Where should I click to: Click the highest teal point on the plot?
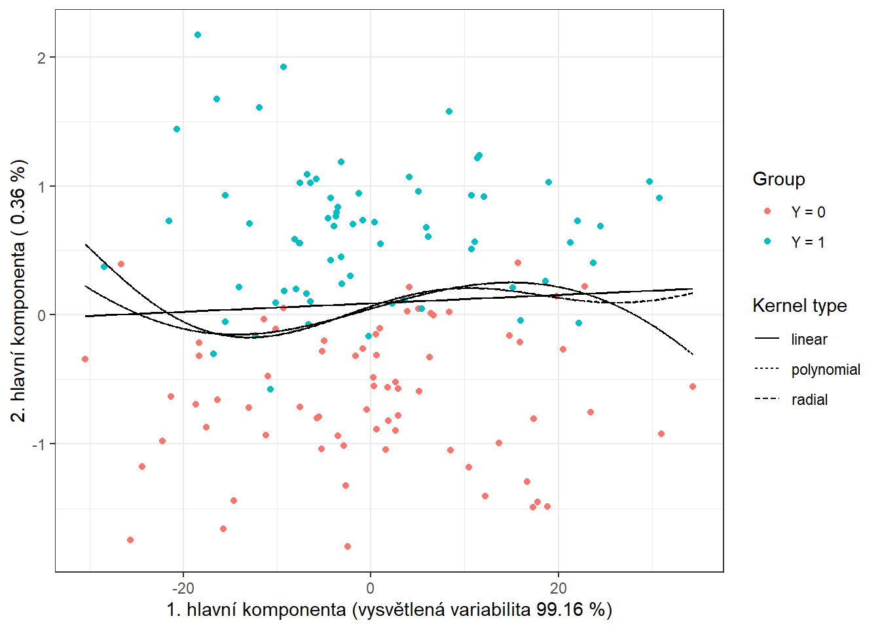pyautogui.click(x=198, y=35)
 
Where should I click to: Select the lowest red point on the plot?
pyautogui.click(x=348, y=546)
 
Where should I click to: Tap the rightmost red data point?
pyautogui.click(x=693, y=387)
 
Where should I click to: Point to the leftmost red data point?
pyautogui.click(x=85, y=359)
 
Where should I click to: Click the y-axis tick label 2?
pyautogui.click(x=42, y=58)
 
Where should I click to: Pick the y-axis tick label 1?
pyautogui.click(x=42, y=187)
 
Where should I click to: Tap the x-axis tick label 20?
pyautogui.click(x=559, y=588)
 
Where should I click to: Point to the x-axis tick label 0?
pyautogui.click(x=371, y=588)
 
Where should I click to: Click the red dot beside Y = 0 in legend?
pyautogui.click(x=767, y=211)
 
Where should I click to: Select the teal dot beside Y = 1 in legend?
pyautogui.click(x=767, y=241)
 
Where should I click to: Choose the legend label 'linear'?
pyautogui.click(x=809, y=339)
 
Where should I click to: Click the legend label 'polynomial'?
pyautogui.click(x=825, y=370)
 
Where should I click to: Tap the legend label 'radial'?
pyautogui.click(x=809, y=400)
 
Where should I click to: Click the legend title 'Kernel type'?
pyautogui.click(x=799, y=305)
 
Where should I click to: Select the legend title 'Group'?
pyautogui.click(x=779, y=179)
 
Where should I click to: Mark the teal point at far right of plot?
pyautogui.click(x=659, y=198)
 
